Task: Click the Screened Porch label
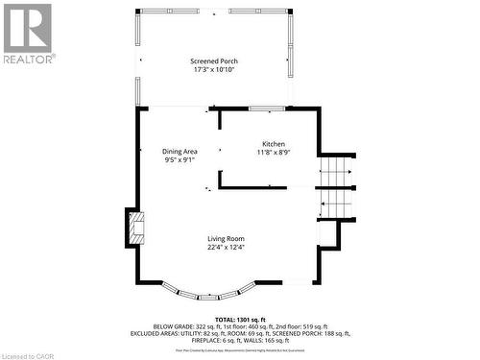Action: click(x=214, y=61)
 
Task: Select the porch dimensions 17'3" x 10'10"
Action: click(x=214, y=70)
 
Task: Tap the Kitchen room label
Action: click(x=274, y=144)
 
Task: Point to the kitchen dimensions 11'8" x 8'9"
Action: click(x=274, y=153)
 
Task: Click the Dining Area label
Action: click(x=180, y=152)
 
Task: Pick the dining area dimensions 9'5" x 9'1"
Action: click(x=180, y=160)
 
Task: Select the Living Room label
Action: click(x=227, y=238)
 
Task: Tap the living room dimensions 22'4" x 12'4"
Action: click(x=227, y=247)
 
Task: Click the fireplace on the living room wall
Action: click(x=133, y=228)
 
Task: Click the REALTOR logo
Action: click(x=28, y=33)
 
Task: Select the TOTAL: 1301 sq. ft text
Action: click(x=240, y=318)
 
